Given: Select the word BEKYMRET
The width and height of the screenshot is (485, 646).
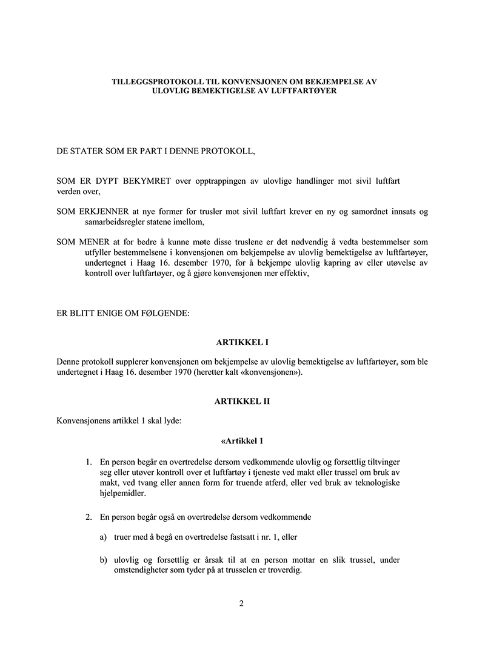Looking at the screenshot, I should point(148,181).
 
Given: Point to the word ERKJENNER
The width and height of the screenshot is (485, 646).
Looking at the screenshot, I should point(105,211).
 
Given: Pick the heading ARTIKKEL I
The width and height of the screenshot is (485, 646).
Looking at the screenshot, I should point(242,343).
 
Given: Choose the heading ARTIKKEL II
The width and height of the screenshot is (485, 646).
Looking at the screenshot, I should point(242,401).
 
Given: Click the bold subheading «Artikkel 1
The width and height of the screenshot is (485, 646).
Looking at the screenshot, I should point(242,440).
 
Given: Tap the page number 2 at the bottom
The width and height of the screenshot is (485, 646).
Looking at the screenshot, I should point(242,603).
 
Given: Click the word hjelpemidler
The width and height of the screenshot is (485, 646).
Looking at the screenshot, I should point(122,494).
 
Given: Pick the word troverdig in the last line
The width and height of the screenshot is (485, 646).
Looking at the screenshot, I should point(284,571).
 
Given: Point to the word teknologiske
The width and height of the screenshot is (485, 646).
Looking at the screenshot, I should point(373,483).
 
